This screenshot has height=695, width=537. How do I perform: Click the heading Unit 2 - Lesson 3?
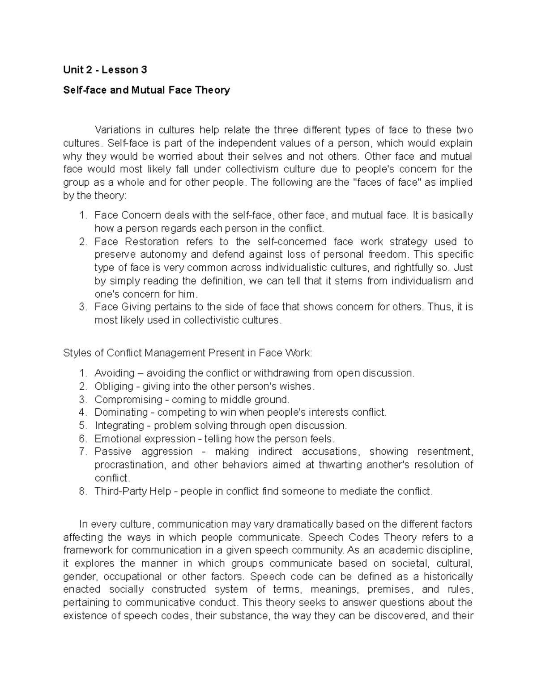coord(105,70)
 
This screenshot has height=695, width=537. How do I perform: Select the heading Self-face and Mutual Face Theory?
coord(146,90)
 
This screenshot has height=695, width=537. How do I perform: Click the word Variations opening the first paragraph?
coord(118,130)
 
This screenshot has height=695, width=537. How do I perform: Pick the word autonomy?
coord(159,255)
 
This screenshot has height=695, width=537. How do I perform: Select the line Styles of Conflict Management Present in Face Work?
coord(188,353)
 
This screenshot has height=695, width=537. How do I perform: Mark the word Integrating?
coord(119,425)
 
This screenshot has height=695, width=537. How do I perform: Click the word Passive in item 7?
coord(113,452)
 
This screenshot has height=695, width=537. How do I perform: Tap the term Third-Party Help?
coord(133,491)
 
